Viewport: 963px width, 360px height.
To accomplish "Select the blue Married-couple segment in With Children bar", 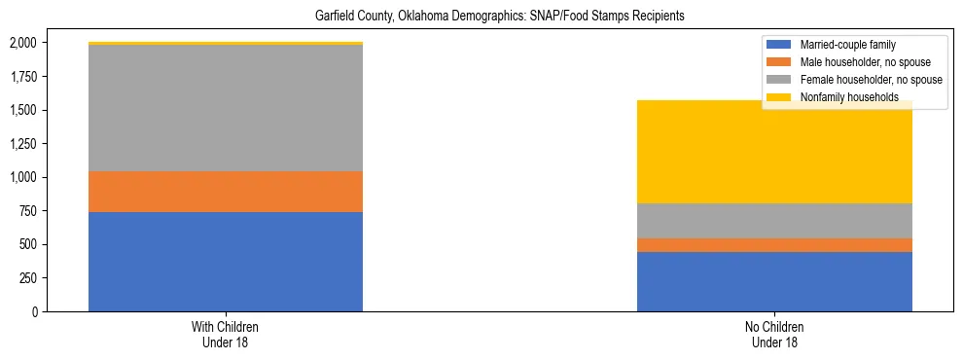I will pos(226,261).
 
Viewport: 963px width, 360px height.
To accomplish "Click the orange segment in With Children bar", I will pos(226,192).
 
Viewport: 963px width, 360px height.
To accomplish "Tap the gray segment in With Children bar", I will pos(226,108).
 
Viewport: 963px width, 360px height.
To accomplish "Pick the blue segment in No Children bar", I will pos(774,281).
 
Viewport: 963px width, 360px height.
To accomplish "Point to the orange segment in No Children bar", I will pos(774,245).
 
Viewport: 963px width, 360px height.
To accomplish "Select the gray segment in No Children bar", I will pos(774,221).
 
